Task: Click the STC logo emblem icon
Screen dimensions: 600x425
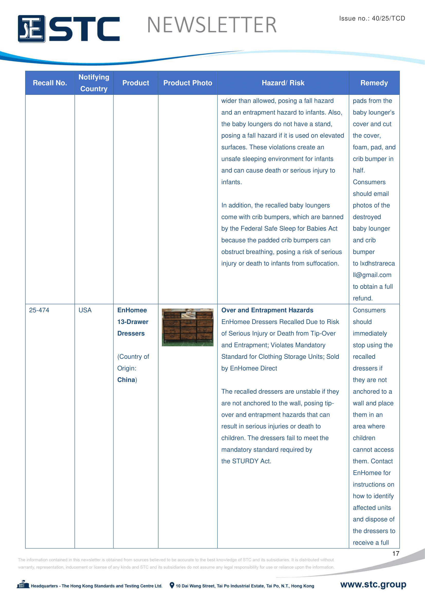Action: click(31, 29)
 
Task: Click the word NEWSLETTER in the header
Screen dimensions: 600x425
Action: click(212, 25)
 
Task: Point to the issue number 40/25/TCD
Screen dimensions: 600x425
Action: click(388, 18)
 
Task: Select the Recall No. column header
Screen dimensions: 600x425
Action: click(50, 83)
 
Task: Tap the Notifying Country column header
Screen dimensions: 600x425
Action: click(94, 83)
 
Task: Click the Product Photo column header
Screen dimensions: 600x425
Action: click(188, 83)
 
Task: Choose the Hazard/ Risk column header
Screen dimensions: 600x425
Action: click(283, 83)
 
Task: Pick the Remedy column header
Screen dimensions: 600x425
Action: click(374, 83)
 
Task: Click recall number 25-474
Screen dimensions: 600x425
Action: click(39, 310)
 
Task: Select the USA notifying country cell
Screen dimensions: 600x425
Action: click(85, 310)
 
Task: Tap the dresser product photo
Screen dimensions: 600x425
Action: click(187, 327)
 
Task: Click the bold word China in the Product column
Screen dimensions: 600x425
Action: click(126, 380)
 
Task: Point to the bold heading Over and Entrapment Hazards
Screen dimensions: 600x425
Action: click(267, 310)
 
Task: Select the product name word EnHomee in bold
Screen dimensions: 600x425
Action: click(132, 310)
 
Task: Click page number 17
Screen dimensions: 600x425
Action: click(395, 554)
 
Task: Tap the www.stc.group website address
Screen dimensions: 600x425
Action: click(373, 584)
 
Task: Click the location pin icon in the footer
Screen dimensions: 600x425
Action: click(172, 585)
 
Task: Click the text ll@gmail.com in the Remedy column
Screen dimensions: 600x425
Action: click(372, 275)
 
